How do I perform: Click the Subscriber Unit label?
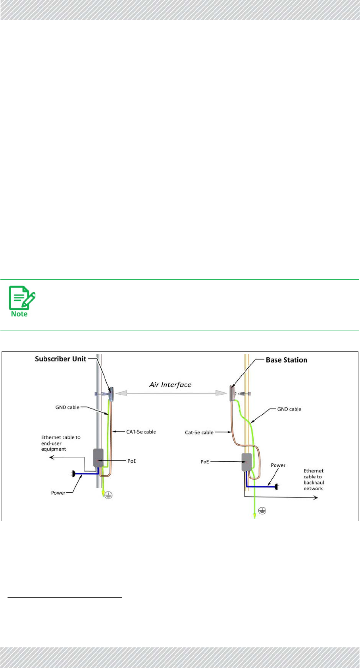[x=60, y=359]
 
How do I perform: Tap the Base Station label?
[x=286, y=360]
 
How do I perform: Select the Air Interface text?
[x=170, y=384]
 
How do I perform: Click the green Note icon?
[x=22, y=301]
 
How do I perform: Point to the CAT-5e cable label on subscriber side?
[x=141, y=432]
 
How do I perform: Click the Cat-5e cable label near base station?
[x=199, y=432]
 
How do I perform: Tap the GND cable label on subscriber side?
[x=67, y=407]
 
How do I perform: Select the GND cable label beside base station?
[x=289, y=409]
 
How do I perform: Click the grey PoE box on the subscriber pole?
[x=98, y=458]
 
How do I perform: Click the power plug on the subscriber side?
[x=73, y=473]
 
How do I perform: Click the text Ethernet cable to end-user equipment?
[x=60, y=443]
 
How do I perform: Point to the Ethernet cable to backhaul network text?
[x=314, y=480]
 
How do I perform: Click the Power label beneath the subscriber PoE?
[x=58, y=493]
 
